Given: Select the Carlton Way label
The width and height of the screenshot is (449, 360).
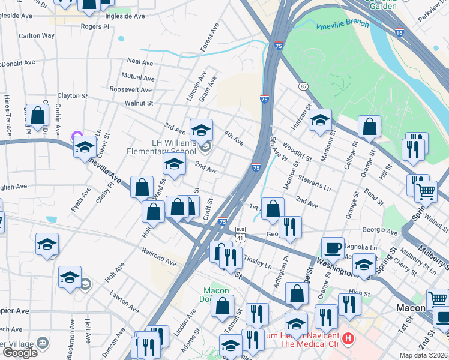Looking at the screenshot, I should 36,36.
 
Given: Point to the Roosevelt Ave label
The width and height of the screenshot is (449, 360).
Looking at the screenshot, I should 130,89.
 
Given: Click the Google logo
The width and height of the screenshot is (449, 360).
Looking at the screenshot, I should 20,353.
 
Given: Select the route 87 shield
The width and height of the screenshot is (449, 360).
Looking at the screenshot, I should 304,86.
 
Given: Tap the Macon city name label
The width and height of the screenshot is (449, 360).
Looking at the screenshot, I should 411,308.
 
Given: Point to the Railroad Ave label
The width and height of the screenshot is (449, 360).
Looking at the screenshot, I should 158,258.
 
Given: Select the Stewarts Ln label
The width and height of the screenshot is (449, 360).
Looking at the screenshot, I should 314,182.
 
